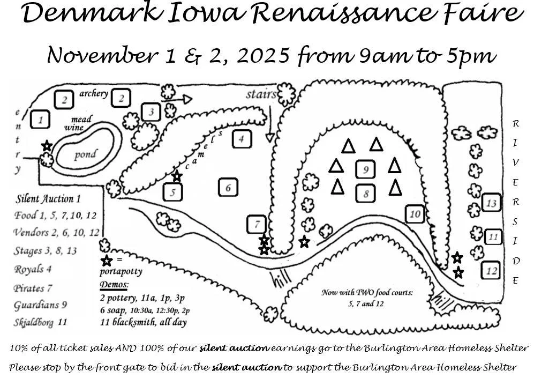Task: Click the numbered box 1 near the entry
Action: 40,118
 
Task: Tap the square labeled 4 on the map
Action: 242,139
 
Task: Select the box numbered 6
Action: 228,188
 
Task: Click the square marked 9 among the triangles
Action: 366,169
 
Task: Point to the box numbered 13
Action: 491,203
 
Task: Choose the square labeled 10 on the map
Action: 415,214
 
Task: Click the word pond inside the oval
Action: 85,155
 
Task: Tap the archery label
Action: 94,94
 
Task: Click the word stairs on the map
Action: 261,95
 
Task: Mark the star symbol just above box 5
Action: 177,175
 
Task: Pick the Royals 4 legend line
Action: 36,270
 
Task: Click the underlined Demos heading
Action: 114,284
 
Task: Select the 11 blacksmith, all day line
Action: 144,322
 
